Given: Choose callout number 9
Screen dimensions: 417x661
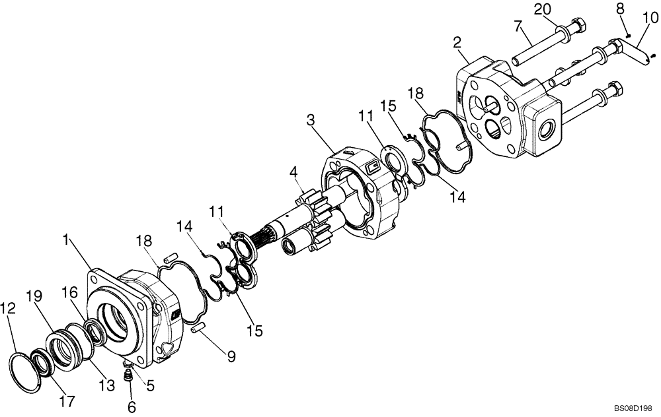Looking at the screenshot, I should pos(231,357).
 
